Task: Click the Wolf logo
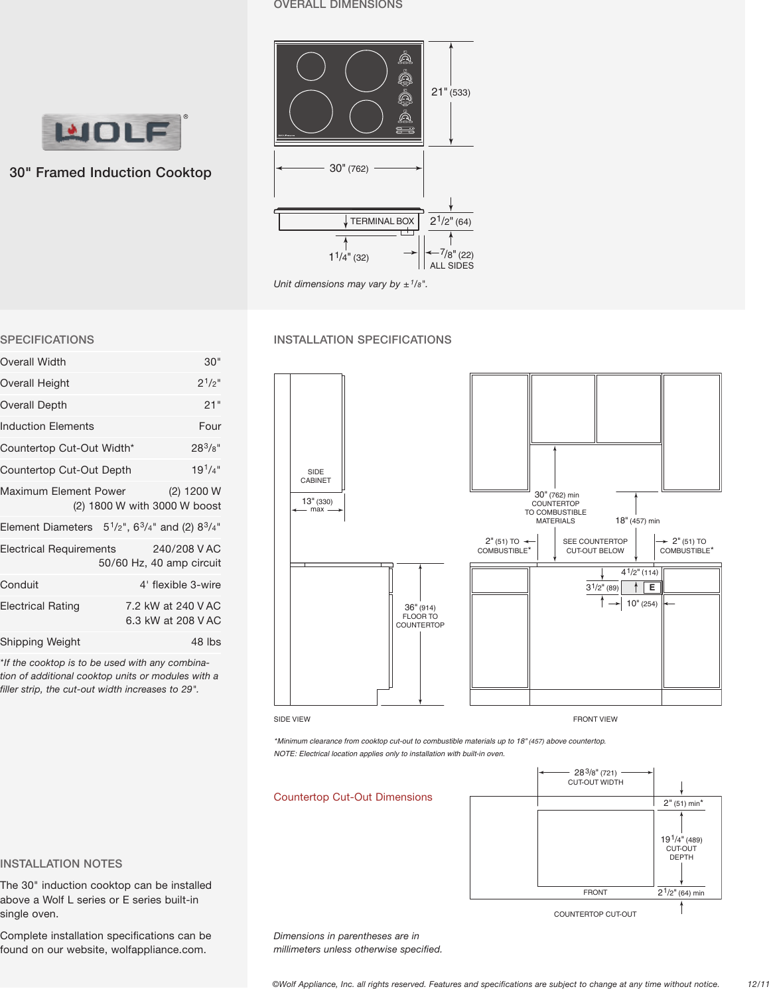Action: pyautogui.click(x=111, y=132)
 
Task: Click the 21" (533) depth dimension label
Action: pyautogui.click(x=451, y=92)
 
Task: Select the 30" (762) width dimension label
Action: pyautogui.click(x=348, y=168)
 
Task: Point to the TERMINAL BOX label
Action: pyautogui.click(x=382, y=222)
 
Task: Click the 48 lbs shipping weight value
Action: pyautogui.click(x=206, y=642)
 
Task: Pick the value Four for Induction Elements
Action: pyautogui.click(x=210, y=427)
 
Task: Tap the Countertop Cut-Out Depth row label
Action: pyautogui.click(x=66, y=470)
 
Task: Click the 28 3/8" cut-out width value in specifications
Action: pyautogui.click(x=206, y=448)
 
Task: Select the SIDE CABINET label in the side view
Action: pyautogui.click(x=316, y=476)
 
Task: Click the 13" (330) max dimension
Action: pyautogui.click(x=317, y=504)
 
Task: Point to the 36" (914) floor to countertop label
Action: pyautogui.click(x=420, y=616)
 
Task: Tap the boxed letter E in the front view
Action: pyautogui.click(x=652, y=588)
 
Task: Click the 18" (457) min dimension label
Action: pyautogui.click(x=637, y=521)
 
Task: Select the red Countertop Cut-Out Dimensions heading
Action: pyautogui.click(x=353, y=797)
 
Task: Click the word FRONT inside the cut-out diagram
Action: pyautogui.click(x=595, y=893)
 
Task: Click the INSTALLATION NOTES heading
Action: pyautogui.click(x=61, y=864)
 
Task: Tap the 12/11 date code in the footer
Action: pyautogui.click(x=758, y=984)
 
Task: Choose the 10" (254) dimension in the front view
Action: pyautogui.click(x=642, y=604)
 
